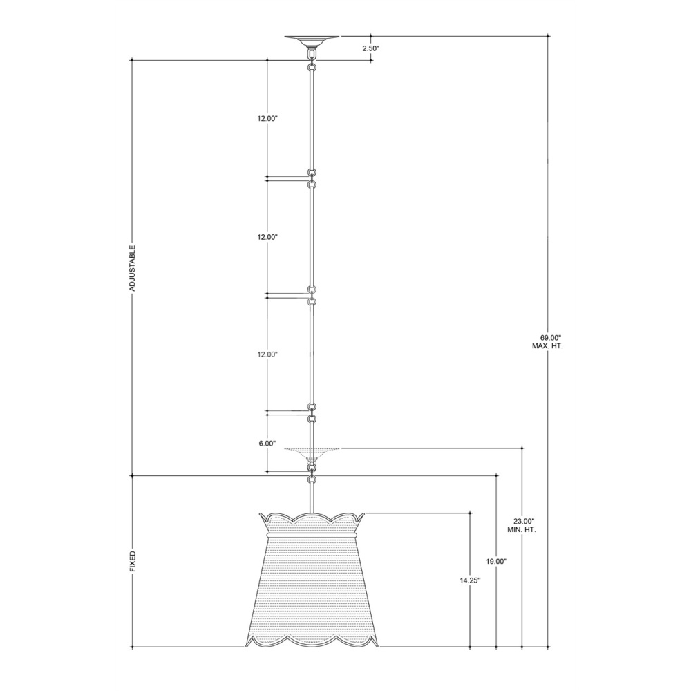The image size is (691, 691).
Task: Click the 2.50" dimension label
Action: click(370, 48)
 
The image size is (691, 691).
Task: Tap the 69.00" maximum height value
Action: click(547, 338)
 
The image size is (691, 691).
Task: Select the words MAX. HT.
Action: click(547, 346)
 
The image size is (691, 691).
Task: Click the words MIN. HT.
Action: click(521, 529)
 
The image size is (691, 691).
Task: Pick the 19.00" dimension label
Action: click(496, 561)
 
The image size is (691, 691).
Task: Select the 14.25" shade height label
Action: click(470, 580)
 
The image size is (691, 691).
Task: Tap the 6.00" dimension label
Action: click(267, 444)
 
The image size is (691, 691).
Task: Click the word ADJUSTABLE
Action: click(132, 268)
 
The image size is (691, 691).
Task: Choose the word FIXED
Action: click(132, 561)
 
